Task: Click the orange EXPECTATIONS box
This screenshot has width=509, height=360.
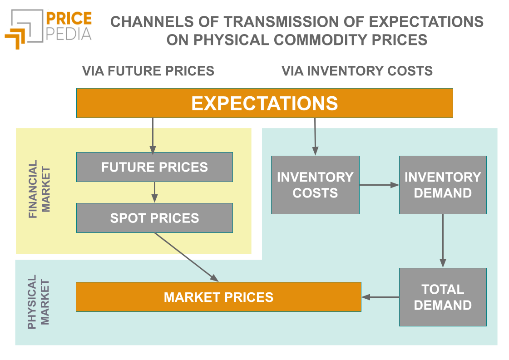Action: pos(264,103)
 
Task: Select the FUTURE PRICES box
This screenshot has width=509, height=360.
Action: pos(154,167)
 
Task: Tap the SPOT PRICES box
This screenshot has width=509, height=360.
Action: pos(154,218)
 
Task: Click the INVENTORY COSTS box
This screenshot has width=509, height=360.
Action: pos(315,185)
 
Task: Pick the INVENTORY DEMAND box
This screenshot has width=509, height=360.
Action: pos(443,185)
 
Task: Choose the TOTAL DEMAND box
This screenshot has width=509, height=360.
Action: pos(443,297)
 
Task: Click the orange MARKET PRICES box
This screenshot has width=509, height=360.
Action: pos(218,297)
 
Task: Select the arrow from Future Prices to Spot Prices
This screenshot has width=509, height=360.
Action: pos(154,192)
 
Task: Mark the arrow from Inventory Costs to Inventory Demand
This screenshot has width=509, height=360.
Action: pos(379,185)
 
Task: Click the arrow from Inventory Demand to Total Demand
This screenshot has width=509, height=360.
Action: pos(443,241)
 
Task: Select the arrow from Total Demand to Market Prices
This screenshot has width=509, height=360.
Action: pos(380,297)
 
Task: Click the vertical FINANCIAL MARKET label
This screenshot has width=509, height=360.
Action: pos(40,190)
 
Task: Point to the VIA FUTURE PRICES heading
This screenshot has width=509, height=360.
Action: pos(148,71)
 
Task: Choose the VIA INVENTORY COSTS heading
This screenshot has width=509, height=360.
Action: pos(357,71)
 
